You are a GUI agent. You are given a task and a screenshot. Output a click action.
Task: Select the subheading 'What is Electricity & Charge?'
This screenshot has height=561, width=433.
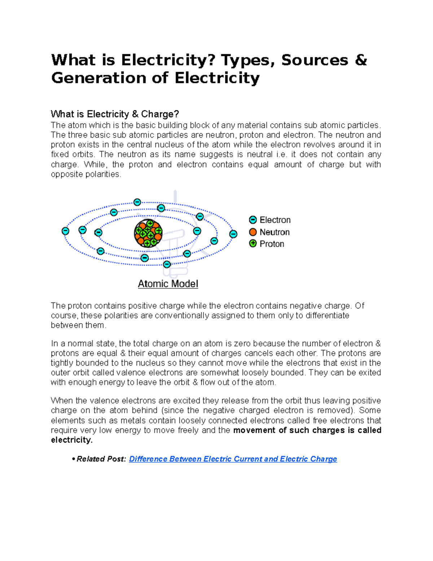tap(115, 114)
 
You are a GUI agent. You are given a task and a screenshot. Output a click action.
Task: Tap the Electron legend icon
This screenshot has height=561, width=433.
tap(253, 220)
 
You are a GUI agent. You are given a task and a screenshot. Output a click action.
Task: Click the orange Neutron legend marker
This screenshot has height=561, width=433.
tap(253, 232)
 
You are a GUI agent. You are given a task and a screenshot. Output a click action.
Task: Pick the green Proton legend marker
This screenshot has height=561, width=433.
tap(253, 244)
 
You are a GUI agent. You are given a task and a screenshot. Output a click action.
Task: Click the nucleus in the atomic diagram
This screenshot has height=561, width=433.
tap(148, 233)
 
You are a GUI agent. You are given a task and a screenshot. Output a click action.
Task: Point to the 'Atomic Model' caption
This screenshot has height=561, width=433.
tap(168, 284)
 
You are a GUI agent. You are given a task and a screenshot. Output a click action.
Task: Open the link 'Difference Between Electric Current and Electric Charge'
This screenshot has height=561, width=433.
tap(233, 459)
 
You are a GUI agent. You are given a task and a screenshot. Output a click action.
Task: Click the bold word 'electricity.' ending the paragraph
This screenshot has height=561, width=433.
tap(72, 440)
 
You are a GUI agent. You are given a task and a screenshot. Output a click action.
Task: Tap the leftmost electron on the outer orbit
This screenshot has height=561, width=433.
tap(65, 231)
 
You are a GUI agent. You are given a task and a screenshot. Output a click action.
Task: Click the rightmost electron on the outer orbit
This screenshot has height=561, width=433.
tap(233, 234)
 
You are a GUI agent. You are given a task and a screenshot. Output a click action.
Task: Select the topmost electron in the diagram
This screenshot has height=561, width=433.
tap(137, 202)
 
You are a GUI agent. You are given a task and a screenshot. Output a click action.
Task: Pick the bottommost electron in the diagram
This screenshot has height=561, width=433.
tap(167, 264)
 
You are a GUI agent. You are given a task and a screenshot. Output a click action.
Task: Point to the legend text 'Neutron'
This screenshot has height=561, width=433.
tap(275, 232)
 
